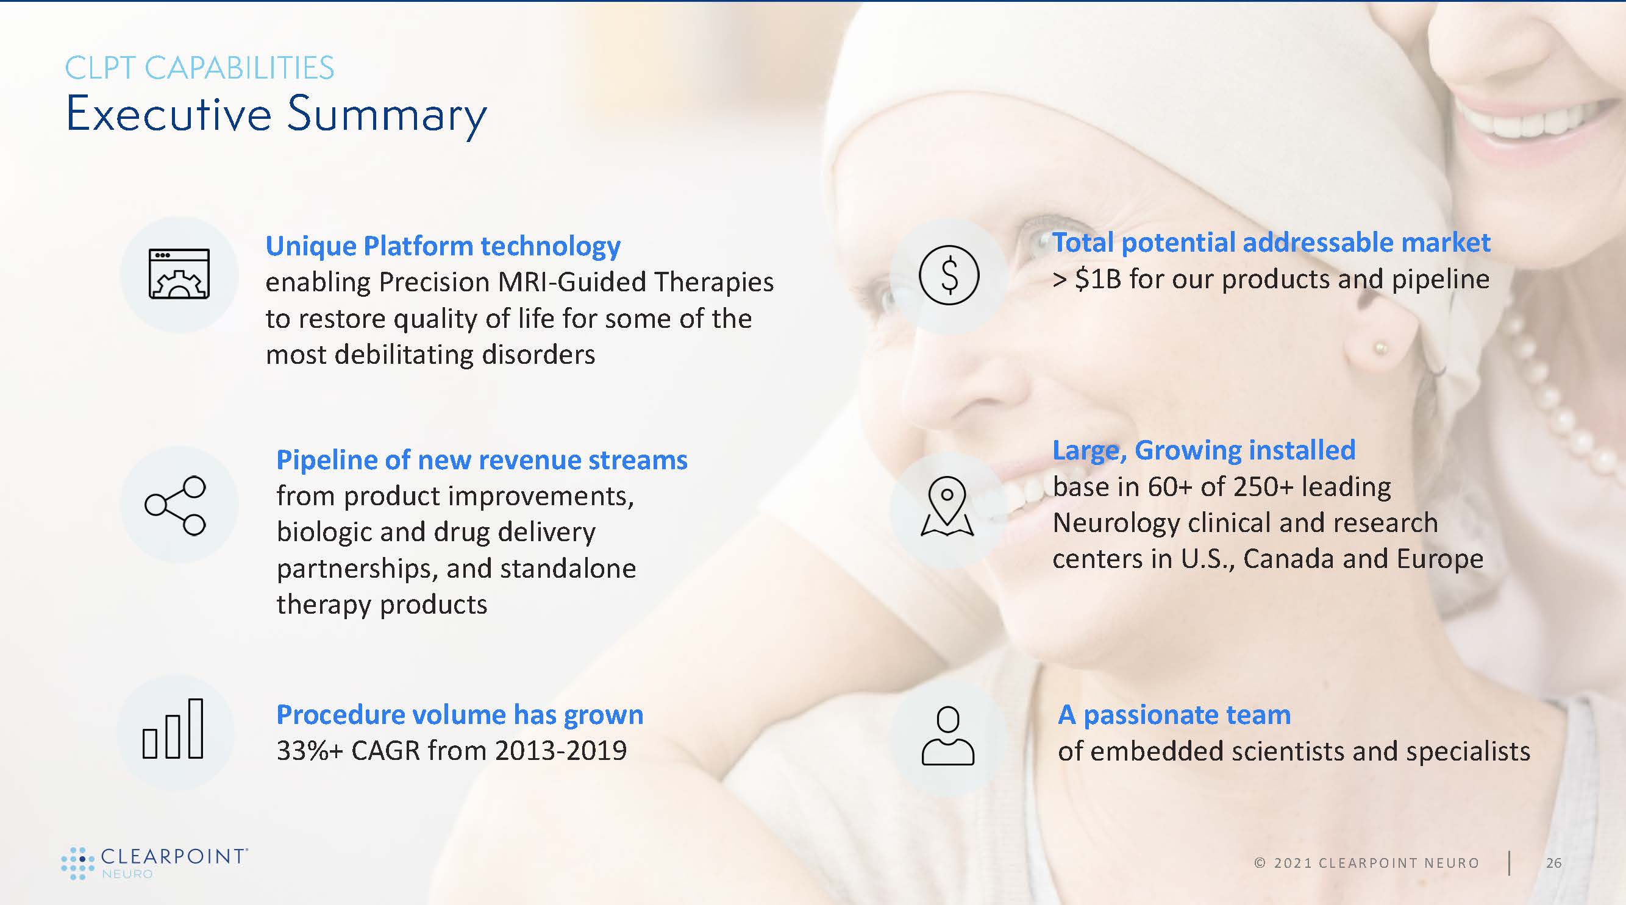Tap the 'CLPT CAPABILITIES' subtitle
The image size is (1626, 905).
199,68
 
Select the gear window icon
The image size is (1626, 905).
179,274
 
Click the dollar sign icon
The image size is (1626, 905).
949,275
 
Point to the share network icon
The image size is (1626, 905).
176,505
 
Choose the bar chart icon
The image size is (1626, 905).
173,728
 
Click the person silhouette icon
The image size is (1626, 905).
948,735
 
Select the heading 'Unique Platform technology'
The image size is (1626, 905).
443,246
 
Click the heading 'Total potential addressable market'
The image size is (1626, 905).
1271,243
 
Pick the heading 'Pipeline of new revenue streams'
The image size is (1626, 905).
482,460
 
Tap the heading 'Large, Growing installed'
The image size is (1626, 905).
1203,450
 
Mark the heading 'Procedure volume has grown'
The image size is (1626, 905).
460,715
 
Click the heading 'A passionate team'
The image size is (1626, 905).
1174,715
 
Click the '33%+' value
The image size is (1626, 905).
309,751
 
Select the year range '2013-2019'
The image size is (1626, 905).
560,751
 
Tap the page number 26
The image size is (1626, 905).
1554,863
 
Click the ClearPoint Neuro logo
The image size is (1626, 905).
154,864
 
